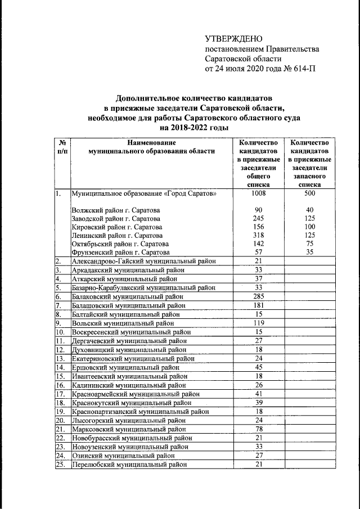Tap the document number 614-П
[300, 70]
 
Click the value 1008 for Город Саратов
[258, 193]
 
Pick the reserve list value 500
[309, 193]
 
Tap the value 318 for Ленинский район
[258, 235]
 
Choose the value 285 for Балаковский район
[258, 295]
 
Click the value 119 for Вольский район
[258, 323]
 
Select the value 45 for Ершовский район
[258, 367]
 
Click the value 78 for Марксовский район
[258, 429]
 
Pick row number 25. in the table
[61, 465]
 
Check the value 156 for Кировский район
[258, 227]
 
